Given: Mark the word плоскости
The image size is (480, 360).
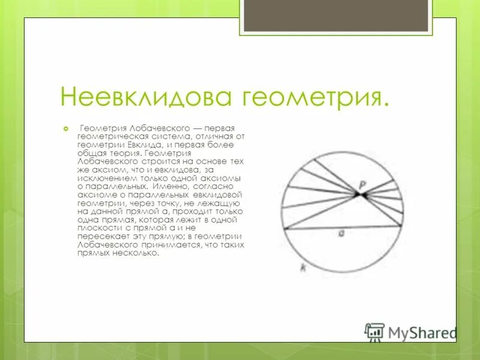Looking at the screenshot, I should click(96, 229).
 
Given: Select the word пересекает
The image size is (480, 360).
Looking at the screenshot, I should click(98, 237).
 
